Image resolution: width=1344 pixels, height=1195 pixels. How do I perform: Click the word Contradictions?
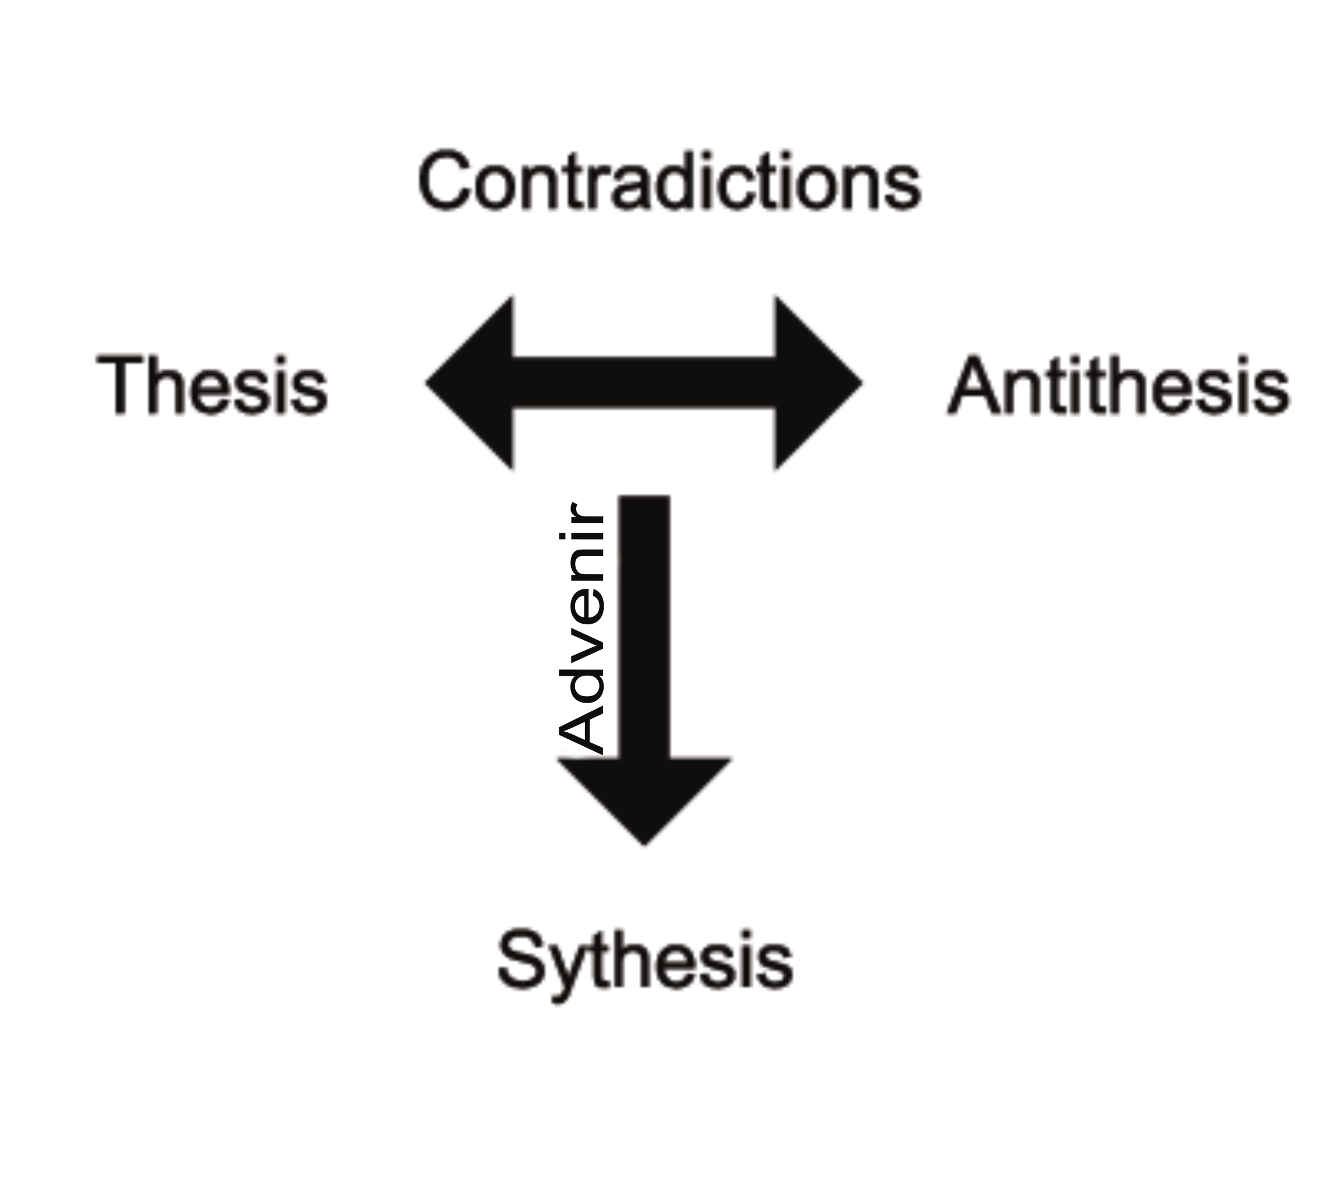click(x=668, y=181)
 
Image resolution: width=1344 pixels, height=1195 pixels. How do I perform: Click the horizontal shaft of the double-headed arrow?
click(x=645, y=383)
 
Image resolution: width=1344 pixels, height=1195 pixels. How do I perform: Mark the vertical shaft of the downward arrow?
click(x=645, y=624)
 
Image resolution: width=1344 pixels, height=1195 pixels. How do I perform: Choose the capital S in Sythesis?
click(x=523, y=960)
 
